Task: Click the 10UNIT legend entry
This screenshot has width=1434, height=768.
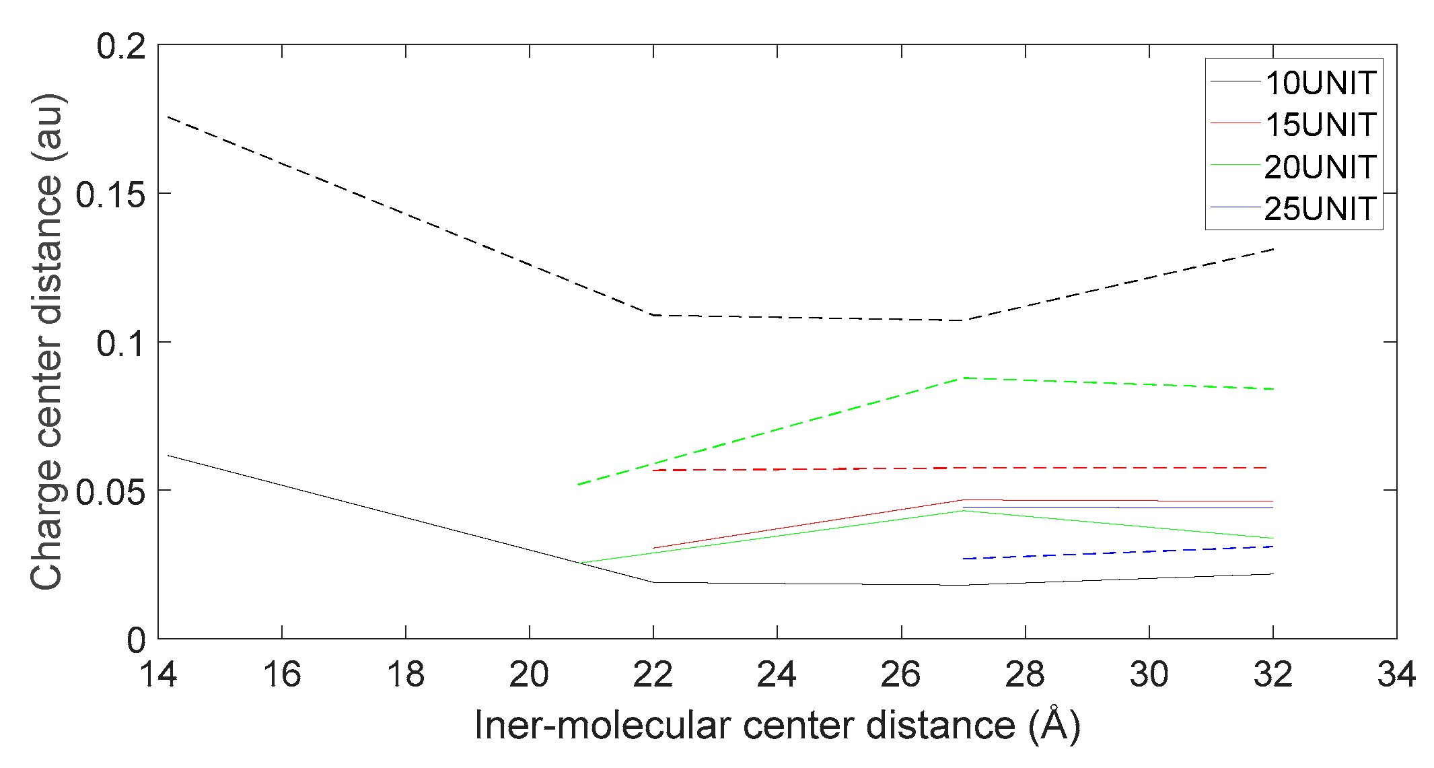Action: pyautogui.click(x=1320, y=83)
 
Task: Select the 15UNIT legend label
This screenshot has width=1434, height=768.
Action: pyautogui.click(x=1320, y=125)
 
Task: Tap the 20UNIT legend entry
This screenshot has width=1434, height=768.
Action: pyautogui.click(x=1320, y=167)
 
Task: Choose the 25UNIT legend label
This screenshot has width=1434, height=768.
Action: pyautogui.click(x=1320, y=209)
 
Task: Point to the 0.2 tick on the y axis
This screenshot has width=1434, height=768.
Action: pyautogui.click(x=121, y=46)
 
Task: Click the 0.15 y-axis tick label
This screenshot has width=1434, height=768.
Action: pyautogui.click(x=111, y=195)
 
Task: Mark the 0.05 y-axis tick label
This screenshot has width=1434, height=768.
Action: pyautogui.click(x=111, y=492)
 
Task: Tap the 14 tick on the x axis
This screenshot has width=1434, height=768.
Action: pyautogui.click(x=158, y=674)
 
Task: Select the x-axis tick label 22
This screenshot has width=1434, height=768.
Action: pyautogui.click(x=653, y=674)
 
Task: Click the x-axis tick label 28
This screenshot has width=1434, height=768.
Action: pyautogui.click(x=1025, y=674)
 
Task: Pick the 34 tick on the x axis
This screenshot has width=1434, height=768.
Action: pyautogui.click(x=1397, y=674)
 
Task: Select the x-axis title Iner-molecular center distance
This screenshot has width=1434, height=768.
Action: pyautogui.click(x=777, y=726)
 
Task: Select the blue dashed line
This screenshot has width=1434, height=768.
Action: pyautogui.click(x=1117, y=553)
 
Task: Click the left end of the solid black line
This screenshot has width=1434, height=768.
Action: pyautogui.click(x=168, y=456)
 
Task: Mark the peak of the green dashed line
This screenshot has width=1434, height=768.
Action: pyautogui.click(x=964, y=378)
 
